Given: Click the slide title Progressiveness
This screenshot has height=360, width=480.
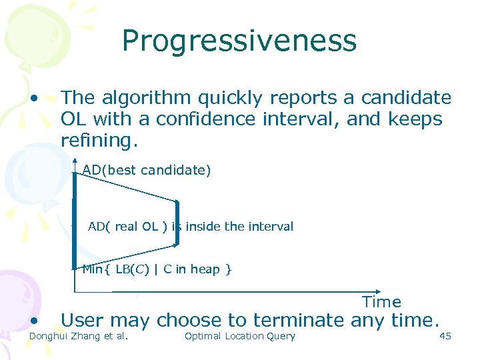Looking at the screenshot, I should click(239, 41).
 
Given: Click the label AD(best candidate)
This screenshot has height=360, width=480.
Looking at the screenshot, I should click(147, 170).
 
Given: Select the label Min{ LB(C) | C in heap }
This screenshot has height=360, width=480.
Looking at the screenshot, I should click(157, 269).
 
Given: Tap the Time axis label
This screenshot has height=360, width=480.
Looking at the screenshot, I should click(381, 302).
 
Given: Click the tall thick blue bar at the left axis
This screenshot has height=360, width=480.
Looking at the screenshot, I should click(75, 220).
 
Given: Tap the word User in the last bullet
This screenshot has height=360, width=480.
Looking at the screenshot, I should click(84, 321).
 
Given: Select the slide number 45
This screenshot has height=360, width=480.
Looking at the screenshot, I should click(445, 336).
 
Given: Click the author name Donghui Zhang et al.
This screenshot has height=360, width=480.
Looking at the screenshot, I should click(79, 336).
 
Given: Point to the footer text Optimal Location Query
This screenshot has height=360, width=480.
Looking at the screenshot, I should click(239, 336).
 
